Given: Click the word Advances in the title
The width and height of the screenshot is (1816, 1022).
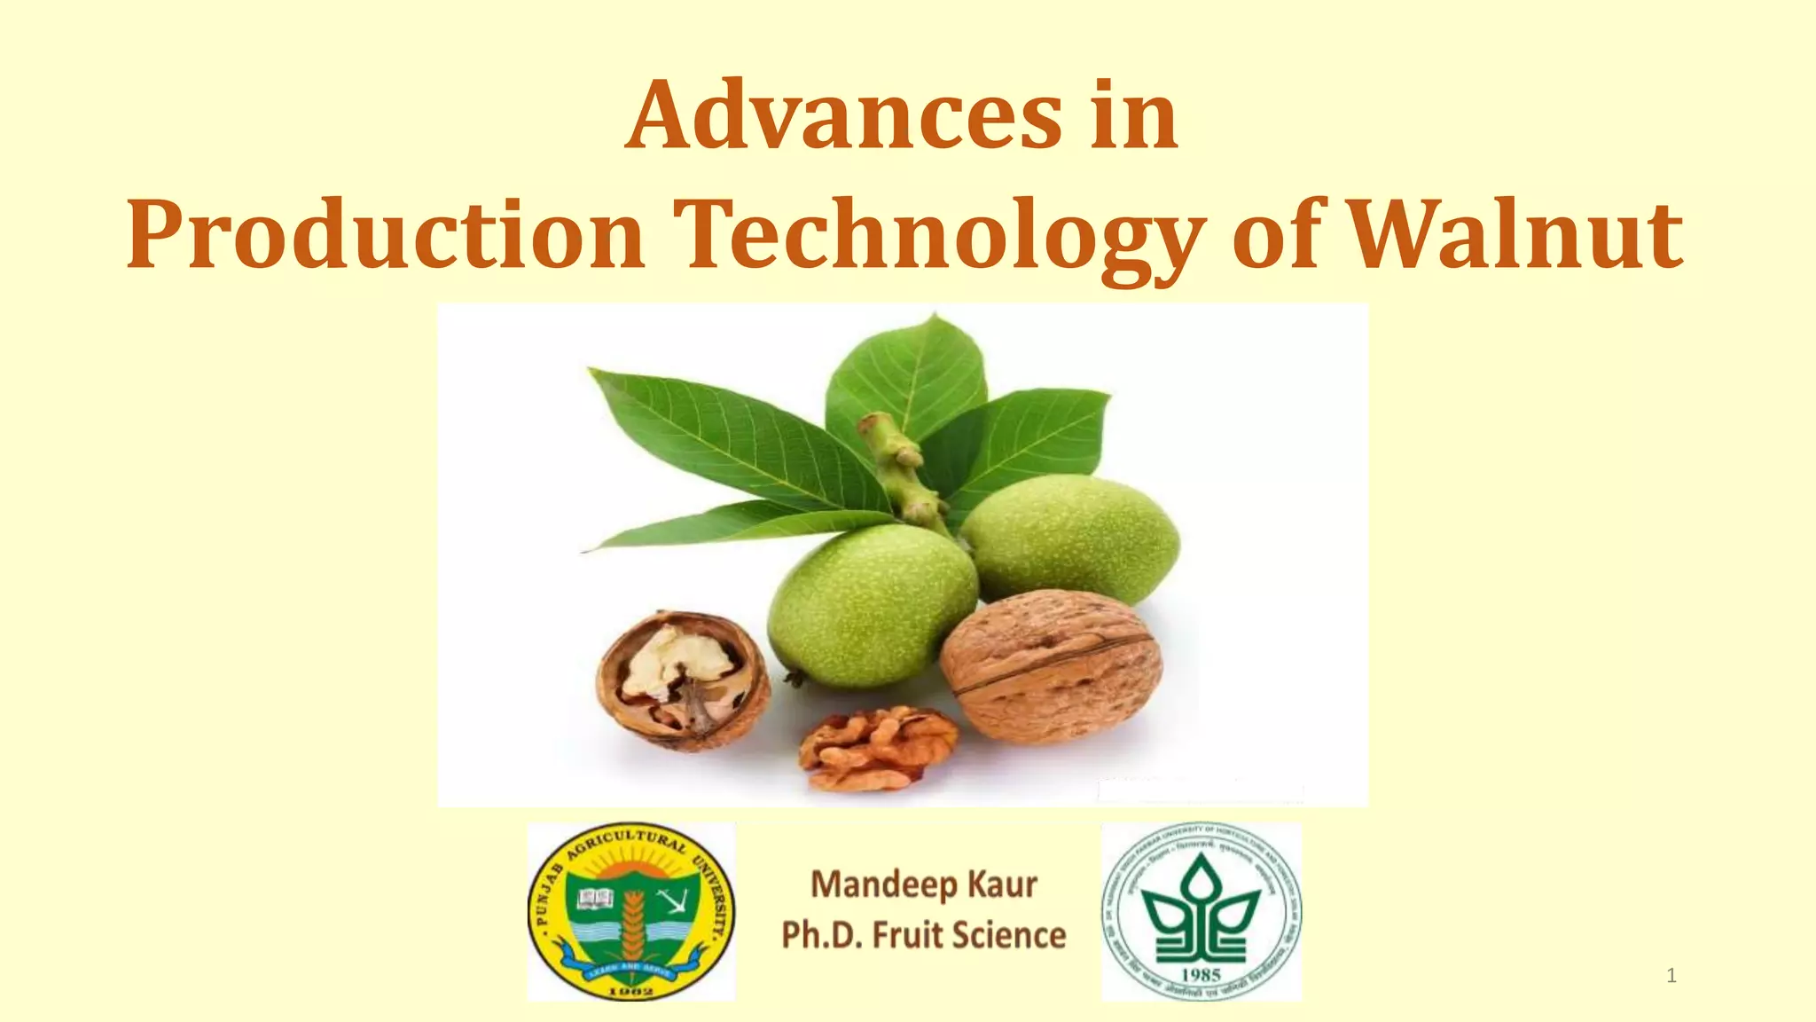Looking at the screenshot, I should [843, 116].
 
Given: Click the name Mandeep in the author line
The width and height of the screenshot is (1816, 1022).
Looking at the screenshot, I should [872, 884].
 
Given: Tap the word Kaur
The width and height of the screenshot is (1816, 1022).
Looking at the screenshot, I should [1002, 884].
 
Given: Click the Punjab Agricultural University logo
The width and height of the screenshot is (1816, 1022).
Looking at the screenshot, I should [631, 912].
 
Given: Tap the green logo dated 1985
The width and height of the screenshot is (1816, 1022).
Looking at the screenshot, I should [1202, 912].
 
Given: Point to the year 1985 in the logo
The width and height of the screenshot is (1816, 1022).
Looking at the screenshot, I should [1202, 974].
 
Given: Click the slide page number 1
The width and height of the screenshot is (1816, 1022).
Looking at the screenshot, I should [1671, 977].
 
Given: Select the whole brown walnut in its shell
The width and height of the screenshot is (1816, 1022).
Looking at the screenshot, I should [1052, 666].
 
